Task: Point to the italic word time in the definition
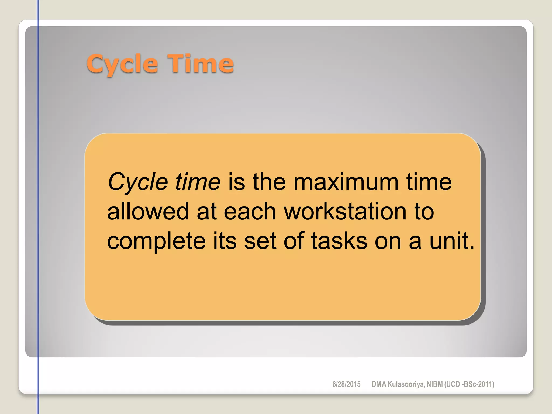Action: [198, 182]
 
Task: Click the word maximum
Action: [346, 182]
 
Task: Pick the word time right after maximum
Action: [429, 182]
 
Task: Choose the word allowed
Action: [148, 211]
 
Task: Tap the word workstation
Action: [345, 211]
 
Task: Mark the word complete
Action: [156, 241]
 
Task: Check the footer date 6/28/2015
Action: [346, 384]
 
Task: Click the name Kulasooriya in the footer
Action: [406, 384]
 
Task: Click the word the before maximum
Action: [269, 182]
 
